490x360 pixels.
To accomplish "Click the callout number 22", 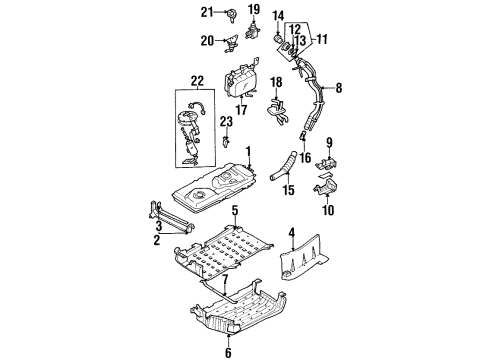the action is click(x=197, y=81).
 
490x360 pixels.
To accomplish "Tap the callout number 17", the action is click(x=241, y=109).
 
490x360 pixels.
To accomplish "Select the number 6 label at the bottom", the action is click(x=228, y=353).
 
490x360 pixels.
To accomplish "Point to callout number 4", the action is click(x=292, y=232).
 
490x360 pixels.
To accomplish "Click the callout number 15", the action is click(x=289, y=190).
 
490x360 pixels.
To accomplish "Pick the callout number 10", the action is click(x=328, y=210).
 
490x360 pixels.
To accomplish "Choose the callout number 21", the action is click(x=207, y=12).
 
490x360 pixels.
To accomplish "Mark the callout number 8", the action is click(x=339, y=88).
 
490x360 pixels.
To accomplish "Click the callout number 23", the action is click(x=226, y=122).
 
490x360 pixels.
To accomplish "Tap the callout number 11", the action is click(x=322, y=39).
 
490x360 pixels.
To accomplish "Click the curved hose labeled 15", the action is click(x=283, y=166).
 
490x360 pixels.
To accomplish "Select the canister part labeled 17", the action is click(x=241, y=81).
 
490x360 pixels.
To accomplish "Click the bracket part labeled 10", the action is click(x=326, y=188).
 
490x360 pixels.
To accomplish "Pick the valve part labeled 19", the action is click(x=253, y=30).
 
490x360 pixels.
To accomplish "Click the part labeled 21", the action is click(x=231, y=15).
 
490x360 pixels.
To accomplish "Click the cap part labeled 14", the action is click(x=278, y=38).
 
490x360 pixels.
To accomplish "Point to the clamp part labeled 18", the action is click(x=277, y=111).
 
